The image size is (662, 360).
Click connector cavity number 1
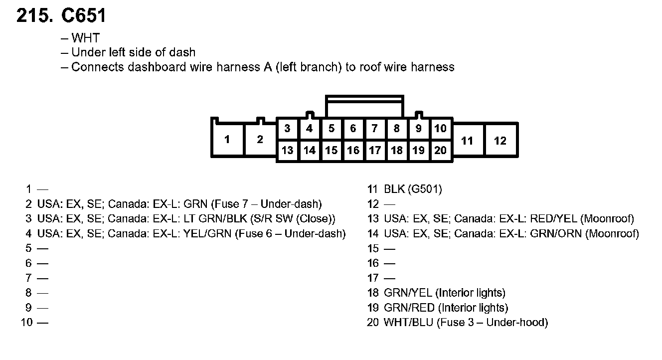(x=227, y=140)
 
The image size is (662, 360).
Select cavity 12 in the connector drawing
(x=500, y=141)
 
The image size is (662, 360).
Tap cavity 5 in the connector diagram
(x=331, y=129)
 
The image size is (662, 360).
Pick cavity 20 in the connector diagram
(x=440, y=150)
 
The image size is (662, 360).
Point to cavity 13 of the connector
(x=288, y=150)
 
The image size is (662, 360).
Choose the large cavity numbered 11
(x=467, y=141)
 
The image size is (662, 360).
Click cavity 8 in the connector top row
(x=397, y=129)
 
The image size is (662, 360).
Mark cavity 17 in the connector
(x=375, y=150)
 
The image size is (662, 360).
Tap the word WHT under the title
(x=85, y=38)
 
